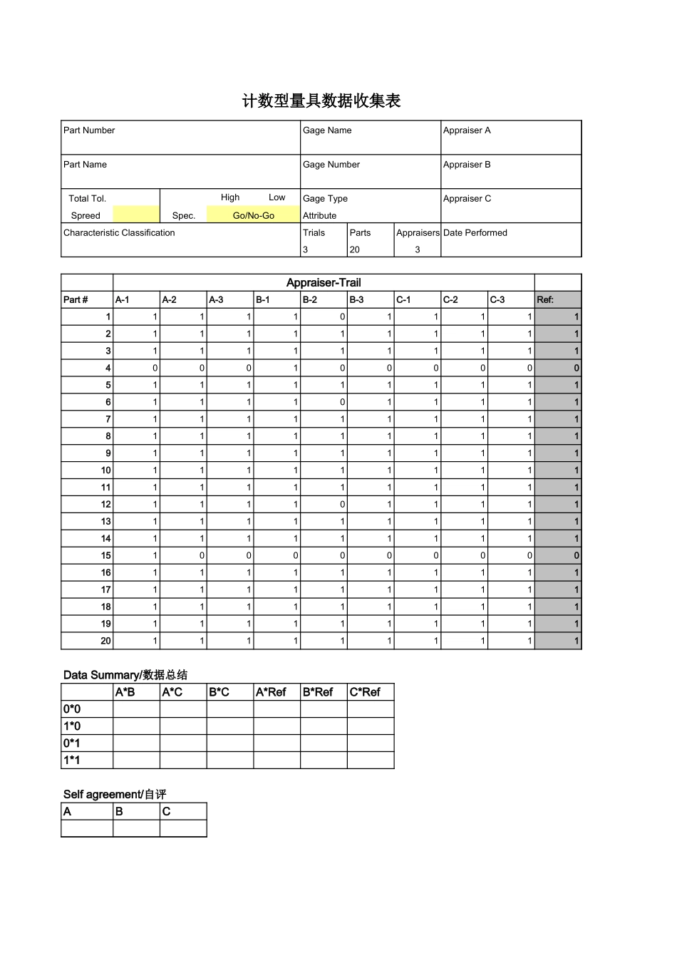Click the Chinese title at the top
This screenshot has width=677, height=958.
pos(321,101)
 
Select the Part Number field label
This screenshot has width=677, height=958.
pos(89,130)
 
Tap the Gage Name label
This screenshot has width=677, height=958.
pos(327,130)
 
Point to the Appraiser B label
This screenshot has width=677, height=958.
pos(467,165)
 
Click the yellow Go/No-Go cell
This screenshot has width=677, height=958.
pos(253,215)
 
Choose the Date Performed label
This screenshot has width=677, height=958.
pos(475,233)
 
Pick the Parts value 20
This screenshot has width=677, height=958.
pos(355,250)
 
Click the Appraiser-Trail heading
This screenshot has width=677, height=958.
pos(324,282)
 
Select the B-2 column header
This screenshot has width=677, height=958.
pos(310,300)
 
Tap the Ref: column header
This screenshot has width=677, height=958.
pos(545,300)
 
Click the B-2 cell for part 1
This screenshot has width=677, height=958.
pos(324,316)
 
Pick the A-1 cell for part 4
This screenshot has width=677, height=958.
pos(136,368)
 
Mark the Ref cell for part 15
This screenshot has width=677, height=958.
pos(558,555)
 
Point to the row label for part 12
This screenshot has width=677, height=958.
pos(87,504)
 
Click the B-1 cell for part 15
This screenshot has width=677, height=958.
pos(277,555)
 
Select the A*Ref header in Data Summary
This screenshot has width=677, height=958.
pos(271,692)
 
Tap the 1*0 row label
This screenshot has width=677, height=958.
pos(72,726)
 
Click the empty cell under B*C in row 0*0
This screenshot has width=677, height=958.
pos(230,709)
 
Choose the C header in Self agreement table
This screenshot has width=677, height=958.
pos(167,812)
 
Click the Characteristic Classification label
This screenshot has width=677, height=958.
pos(119,233)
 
